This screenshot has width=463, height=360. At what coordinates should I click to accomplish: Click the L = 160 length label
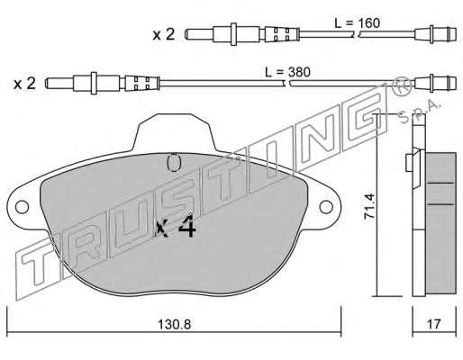(357, 23)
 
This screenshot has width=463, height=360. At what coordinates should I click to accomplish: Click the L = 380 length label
(287, 72)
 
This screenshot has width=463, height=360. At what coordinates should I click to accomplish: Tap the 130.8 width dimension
(175, 324)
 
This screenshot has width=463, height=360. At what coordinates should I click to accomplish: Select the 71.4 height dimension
(369, 208)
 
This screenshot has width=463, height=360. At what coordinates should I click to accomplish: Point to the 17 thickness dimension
(434, 324)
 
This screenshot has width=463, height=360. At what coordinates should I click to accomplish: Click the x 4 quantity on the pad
(177, 226)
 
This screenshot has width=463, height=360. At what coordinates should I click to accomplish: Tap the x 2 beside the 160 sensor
(164, 35)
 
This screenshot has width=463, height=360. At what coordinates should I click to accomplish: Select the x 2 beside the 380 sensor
(24, 84)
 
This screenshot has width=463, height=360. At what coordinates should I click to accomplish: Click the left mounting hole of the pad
(22, 207)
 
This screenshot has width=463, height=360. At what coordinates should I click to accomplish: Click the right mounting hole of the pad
(326, 207)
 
